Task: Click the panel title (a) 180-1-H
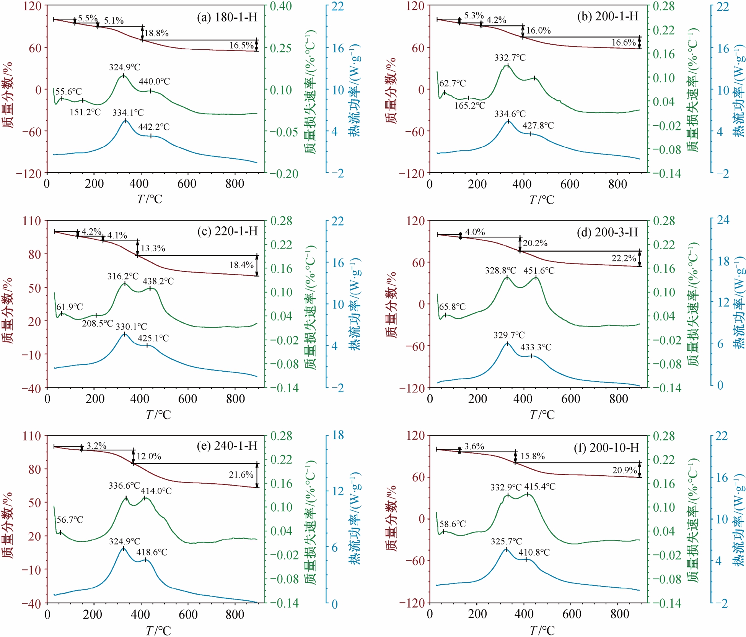tap(227, 17)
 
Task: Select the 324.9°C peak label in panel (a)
tap(125, 67)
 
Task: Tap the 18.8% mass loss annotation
tap(156, 33)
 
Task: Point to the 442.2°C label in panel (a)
tap(154, 127)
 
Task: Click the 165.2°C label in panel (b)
tap(470, 106)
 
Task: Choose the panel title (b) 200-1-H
tap(608, 16)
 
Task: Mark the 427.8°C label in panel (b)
tap(538, 126)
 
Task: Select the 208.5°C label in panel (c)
tap(98, 323)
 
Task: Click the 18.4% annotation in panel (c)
tap(241, 265)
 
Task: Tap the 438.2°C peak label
tap(158, 281)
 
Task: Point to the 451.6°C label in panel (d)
tap(539, 271)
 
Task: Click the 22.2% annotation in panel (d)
tap(624, 258)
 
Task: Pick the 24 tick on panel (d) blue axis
tap(723, 219)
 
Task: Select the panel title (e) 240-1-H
tap(227, 446)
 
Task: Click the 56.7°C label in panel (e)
tap(70, 520)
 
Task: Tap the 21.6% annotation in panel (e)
tap(241, 474)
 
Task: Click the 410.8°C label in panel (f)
tap(534, 552)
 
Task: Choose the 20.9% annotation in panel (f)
tap(624, 470)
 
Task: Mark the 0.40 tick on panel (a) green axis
tap(281, 6)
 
